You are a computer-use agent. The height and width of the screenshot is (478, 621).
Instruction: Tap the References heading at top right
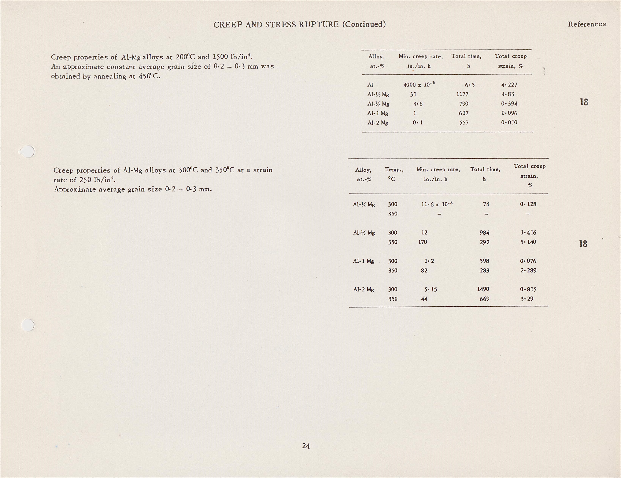pos(587,24)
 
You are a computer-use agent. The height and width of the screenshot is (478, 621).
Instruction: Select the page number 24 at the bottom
pos(306,446)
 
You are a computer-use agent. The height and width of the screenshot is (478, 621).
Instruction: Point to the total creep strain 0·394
pos(509,104)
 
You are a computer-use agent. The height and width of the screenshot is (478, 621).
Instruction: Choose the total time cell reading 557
pos(464,123)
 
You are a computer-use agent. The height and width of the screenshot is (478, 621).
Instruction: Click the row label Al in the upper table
pos(370,85)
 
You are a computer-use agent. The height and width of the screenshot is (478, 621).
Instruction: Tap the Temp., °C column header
pos(394,174)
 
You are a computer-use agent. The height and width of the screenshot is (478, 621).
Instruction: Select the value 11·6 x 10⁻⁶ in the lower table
pos(437,204)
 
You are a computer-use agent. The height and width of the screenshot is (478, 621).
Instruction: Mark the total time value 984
pos(485,233)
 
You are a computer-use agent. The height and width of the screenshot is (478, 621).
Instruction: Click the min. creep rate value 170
pos(423,242)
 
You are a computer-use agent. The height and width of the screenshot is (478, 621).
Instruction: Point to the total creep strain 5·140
pos(528,242)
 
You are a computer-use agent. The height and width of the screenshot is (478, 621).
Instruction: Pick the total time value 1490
pos(483,289)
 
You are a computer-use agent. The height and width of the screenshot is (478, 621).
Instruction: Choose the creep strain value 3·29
pos(527,299)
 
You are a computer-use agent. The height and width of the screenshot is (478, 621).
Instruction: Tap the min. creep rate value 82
pos(424,270)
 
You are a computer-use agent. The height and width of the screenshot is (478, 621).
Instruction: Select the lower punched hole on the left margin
pos(28,325)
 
